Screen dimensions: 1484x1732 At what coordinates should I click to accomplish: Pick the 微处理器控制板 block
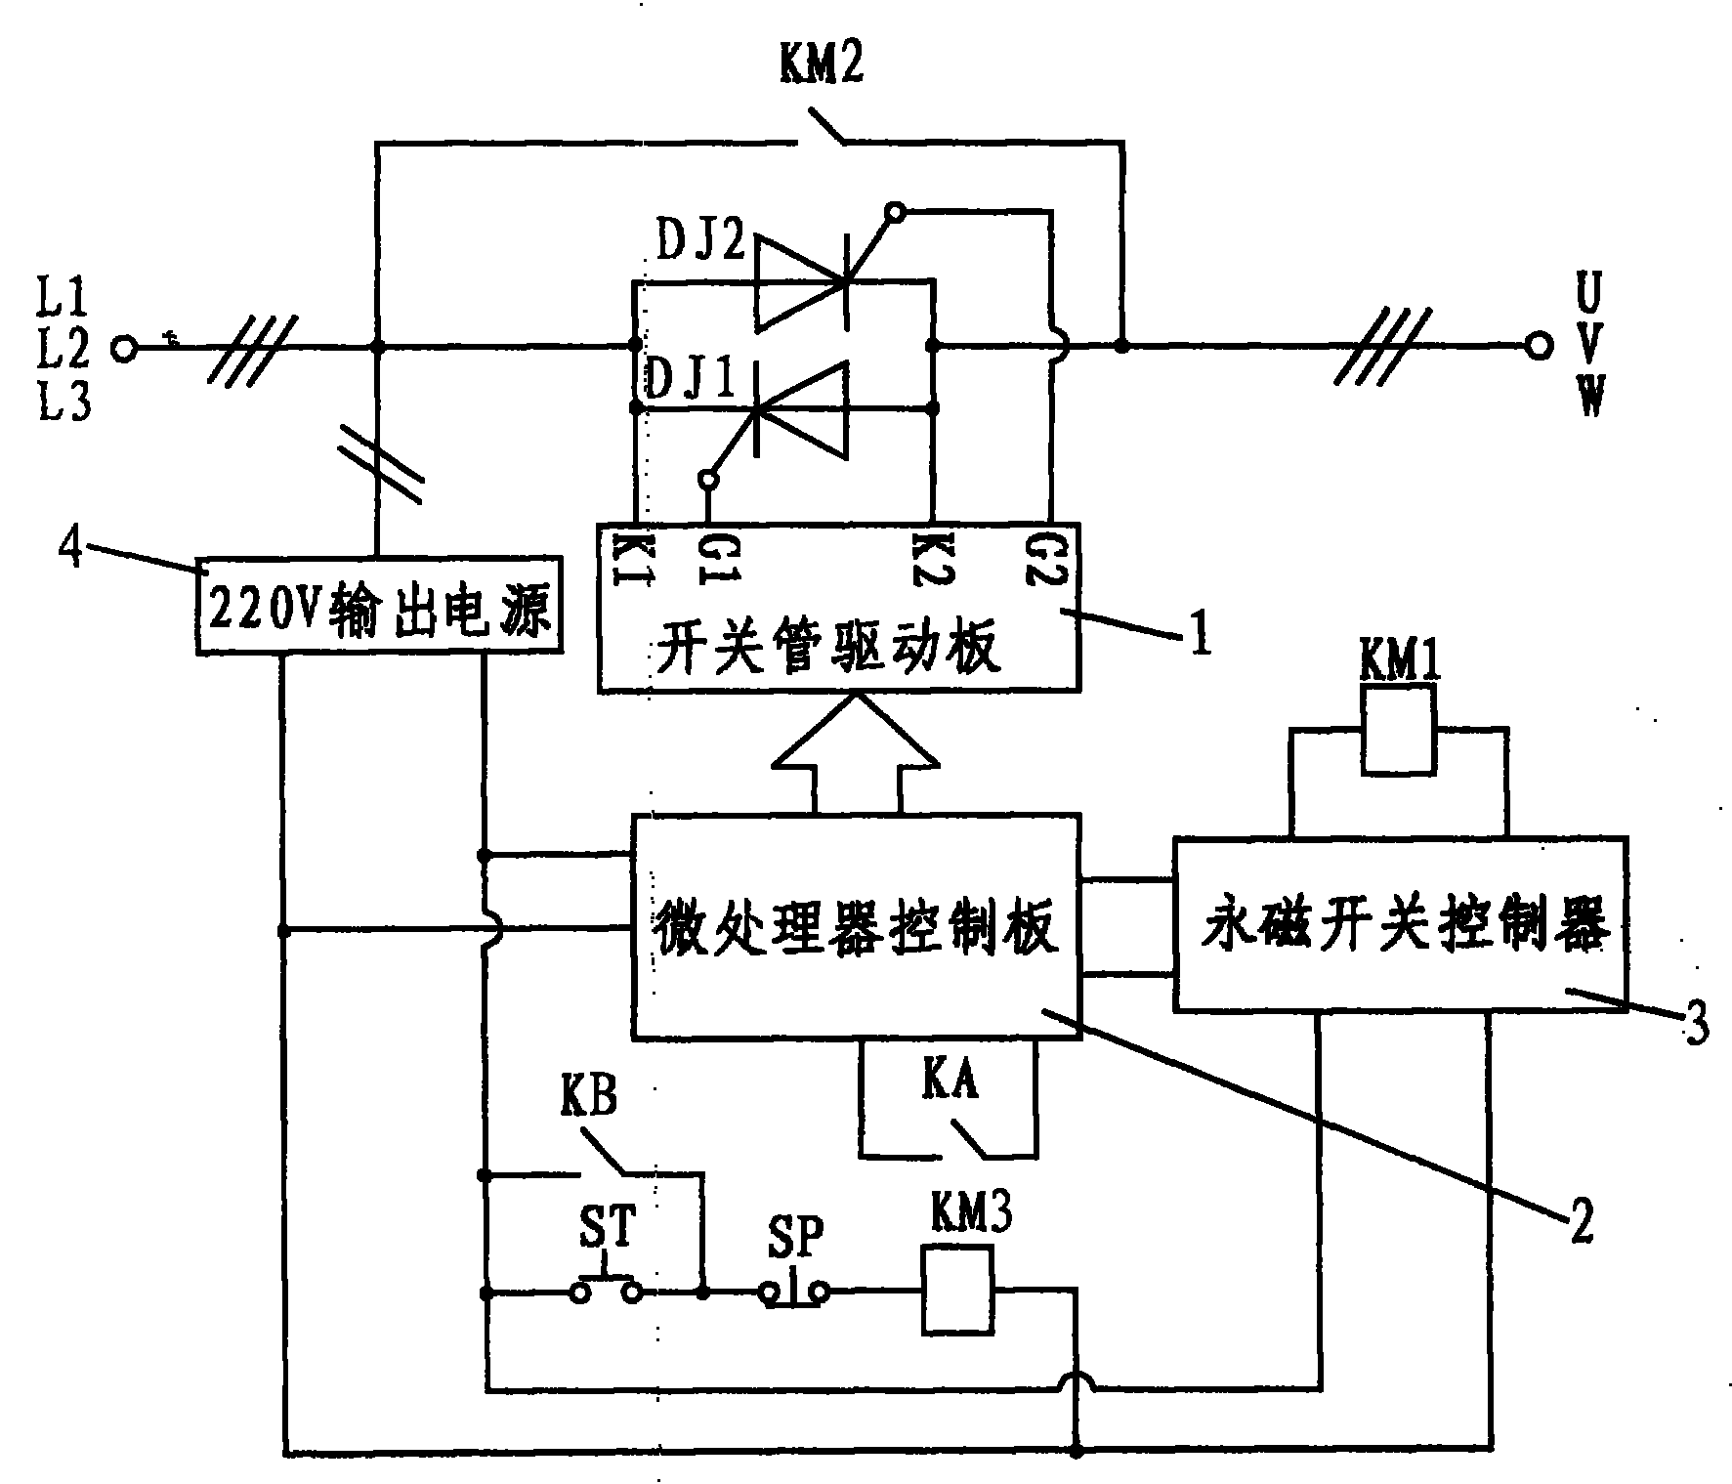[856, 925]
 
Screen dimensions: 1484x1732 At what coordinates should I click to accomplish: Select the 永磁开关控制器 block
[1401, 922]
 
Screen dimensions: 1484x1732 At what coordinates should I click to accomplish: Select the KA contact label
[950, 1081]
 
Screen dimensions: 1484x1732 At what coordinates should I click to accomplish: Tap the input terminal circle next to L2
[124, 347]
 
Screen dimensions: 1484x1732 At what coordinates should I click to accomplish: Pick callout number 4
[69, 549]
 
